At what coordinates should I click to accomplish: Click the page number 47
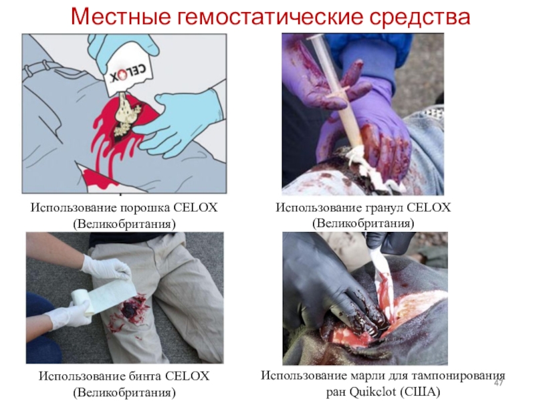coord(498,383)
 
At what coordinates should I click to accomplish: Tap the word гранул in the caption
coord(385,207)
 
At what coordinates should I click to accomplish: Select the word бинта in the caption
coord(145,376)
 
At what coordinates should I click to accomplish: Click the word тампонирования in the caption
coord(458,376)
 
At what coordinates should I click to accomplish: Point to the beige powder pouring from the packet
coord(127,115)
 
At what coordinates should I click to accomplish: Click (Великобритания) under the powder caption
coord(124,224)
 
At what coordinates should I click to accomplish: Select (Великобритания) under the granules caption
coord(363,223)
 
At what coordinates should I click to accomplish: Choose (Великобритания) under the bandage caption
coord(124,392)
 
